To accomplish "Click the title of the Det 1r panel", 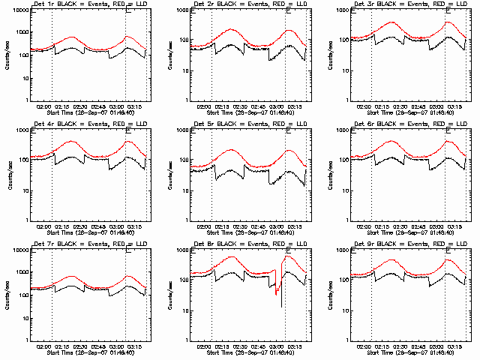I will (90, 4).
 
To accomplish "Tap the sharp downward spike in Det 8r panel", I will (281, 306).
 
